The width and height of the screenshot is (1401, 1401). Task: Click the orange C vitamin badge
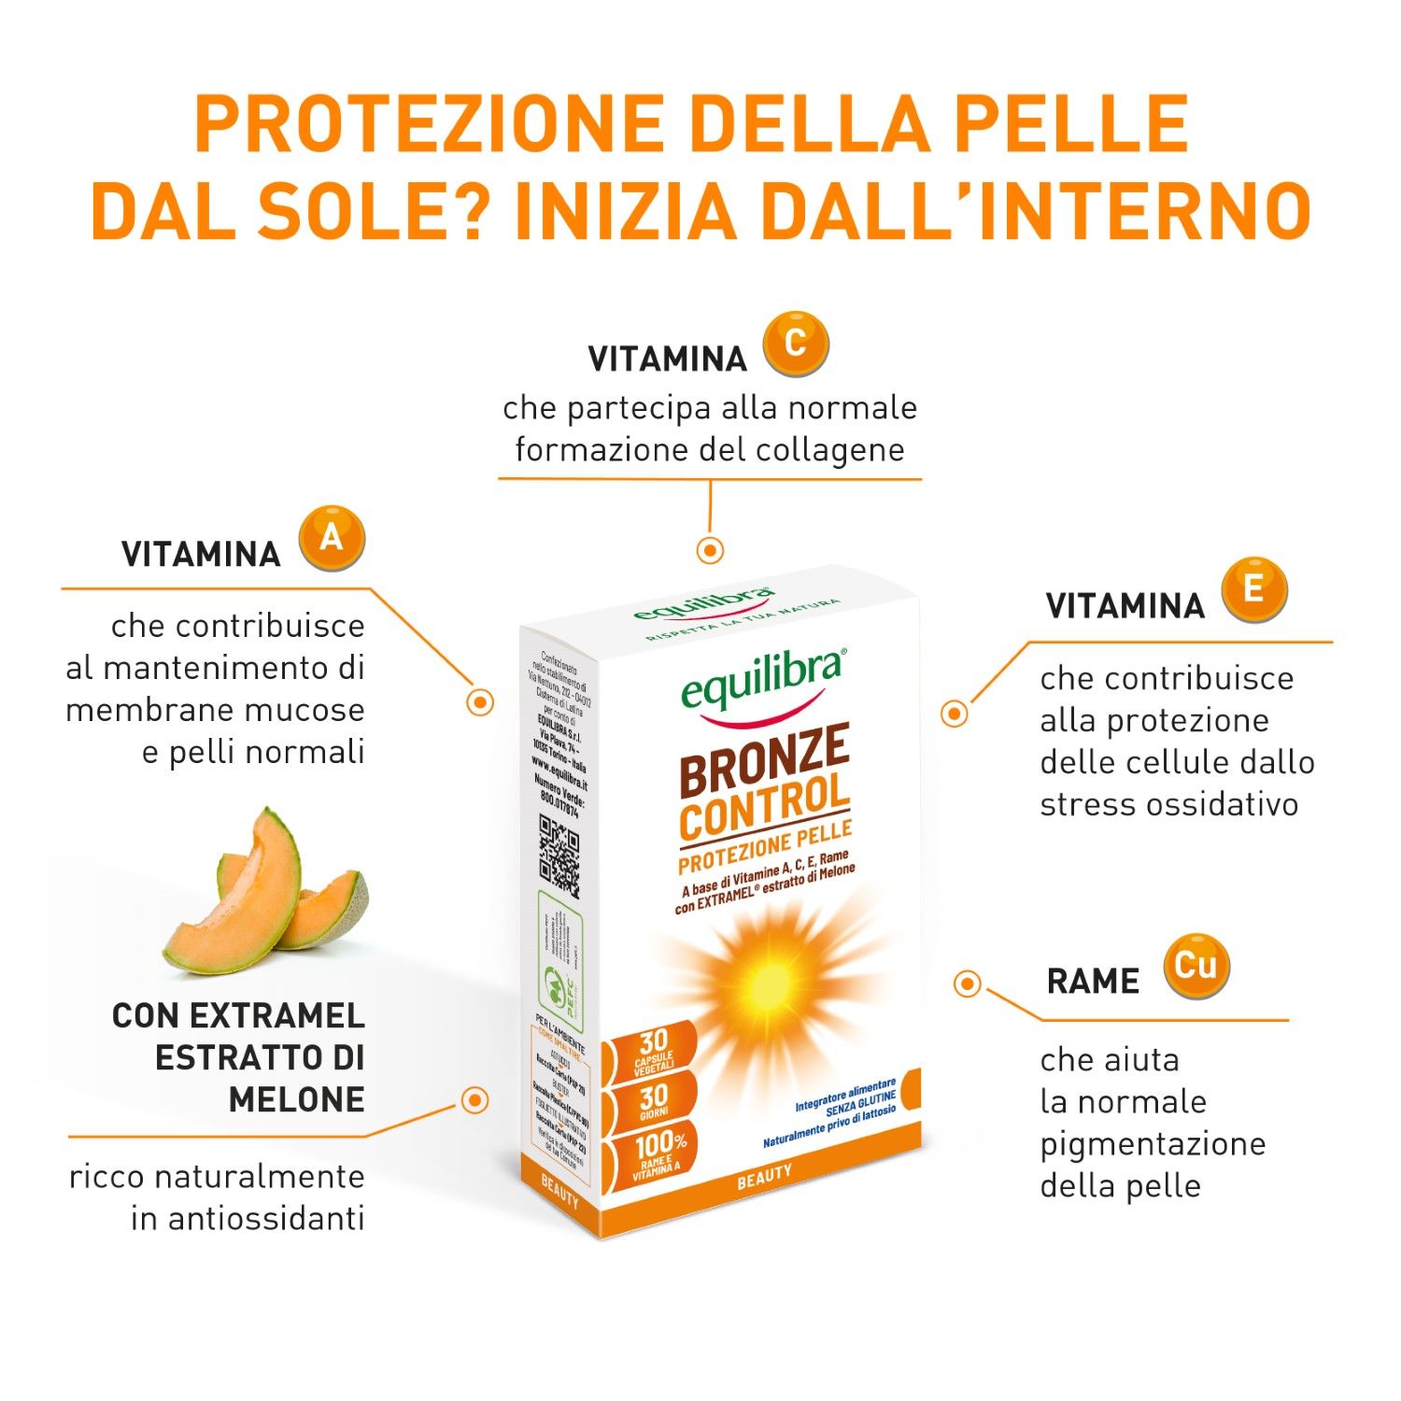pyautogui.click(x=795, y=345)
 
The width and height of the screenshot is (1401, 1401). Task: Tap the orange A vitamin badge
pyautogui.click(x=332, y=539)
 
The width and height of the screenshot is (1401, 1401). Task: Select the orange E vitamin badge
pyautogui.click(x=1254, y=589)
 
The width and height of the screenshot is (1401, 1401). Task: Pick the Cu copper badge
pyautogui.click(x=1196, y=966)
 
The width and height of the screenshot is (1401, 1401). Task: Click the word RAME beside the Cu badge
pyautogui.click(x=1093, y=982)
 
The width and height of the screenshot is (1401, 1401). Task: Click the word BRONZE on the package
pyautogui.click(x=764, y=759)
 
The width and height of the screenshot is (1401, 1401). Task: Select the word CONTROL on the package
pyautogui.click(x=764, y=807)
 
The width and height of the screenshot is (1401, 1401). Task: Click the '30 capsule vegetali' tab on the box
pyautogui.click(x=654, y=1050)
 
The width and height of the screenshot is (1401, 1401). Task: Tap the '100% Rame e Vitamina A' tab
pyautogui.click(x=658, y=1153)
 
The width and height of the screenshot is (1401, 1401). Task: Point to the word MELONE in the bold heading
pyautogui.click(x=296, y=1100)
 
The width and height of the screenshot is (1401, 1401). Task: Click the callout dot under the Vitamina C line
pyautogui.click(x=710, y=550)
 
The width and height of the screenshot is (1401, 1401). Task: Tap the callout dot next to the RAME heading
pyautogui.click(x=968, y=984)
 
